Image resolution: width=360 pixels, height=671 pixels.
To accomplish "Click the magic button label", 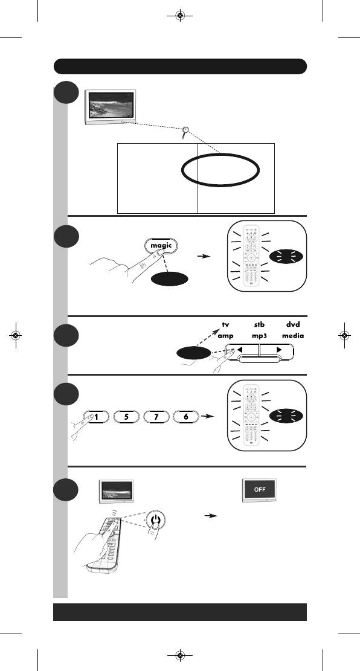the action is click(161, 245).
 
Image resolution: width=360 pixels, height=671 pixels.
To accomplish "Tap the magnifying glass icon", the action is click(185, 132).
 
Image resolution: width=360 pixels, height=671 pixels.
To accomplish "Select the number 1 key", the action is click(96, 416).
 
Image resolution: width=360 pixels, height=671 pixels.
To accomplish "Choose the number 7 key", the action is click(156, 416).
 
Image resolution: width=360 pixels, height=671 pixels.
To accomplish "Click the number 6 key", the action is click(186, 416).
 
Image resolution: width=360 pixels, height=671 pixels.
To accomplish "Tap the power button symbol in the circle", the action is click(155, 521).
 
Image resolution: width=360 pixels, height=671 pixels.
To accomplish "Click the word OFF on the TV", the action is click(260, 490).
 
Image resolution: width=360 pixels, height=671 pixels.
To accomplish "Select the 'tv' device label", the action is click(225, 325).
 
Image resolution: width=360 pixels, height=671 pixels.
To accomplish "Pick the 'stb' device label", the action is click(259, 325).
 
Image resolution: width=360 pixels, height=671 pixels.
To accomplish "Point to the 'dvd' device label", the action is click(293, 325).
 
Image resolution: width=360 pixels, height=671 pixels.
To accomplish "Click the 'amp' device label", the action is click(225, 336).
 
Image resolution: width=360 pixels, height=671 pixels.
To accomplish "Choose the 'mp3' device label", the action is click(259, 336).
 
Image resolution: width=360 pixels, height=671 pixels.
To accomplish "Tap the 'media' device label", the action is click(293, 336).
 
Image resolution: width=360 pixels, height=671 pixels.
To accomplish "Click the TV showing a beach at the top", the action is click(111, 107).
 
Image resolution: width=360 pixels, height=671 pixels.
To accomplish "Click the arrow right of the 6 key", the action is click(207, 416).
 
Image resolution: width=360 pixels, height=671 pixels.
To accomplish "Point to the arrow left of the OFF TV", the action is click(211, 516).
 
